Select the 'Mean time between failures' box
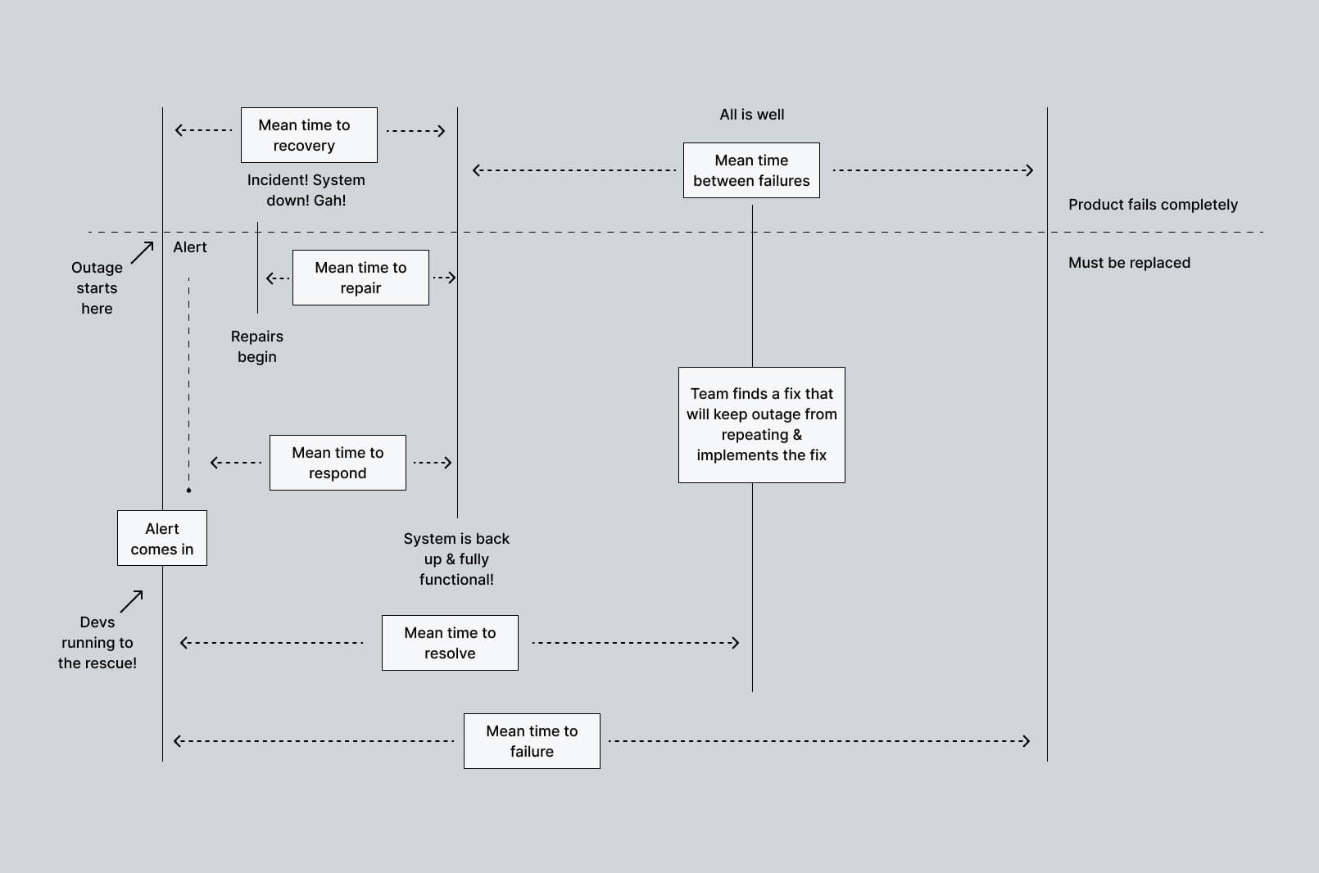pyautogui.click(x=751, y=170)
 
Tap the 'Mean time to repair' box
pyautogui.click(x=360, y=278)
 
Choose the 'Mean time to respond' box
pyautogui.click(x=338, y=463)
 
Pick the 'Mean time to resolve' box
pyautogui.click(x=450, y=643)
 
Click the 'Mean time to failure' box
pyautogui.click(x=532, y=741)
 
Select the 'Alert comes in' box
pyautogui.click(x=162, y=538)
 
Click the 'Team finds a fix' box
pyautogui.click(x=761, y=424)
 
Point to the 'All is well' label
pyautogui.click(x=751, y=115)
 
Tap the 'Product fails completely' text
pyautogui.click(x=1153, y=205)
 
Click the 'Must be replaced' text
pyautogui.click(x=1129, y=263)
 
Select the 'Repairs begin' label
pyautogui.click(x=257, y=346)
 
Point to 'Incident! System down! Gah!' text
pyautogui.click(x=306, y=190)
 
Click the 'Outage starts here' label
pyautogui.click(x=97, y=288)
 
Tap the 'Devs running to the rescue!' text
pyautogui.click(x=97, y=643)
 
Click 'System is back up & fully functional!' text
pyautogui.click(x=456, y=559)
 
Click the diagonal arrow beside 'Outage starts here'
pyautogui.click(x=143, y=252)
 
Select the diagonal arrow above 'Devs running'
pyautogui.click(x=132, y=601)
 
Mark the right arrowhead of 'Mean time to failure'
pyautogui.click(x=1026, y=741)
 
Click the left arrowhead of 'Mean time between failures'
pyautogui.click(x=478, y=170)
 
